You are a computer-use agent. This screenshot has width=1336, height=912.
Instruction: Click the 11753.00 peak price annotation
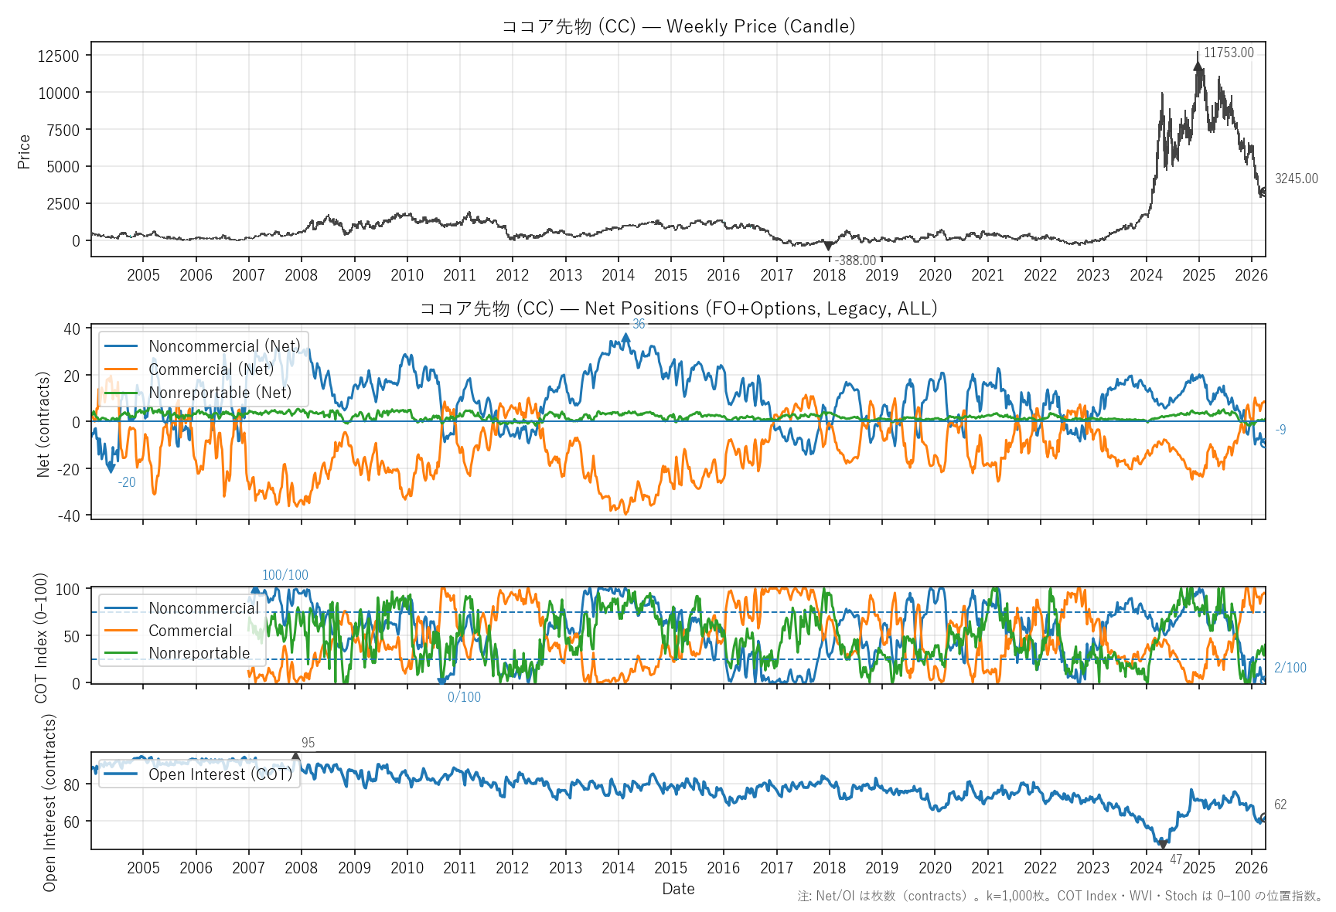tap(1229, 53)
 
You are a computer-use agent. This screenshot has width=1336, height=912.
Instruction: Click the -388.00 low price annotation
tap(855, 260)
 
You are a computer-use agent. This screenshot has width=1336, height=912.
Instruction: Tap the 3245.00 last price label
tap(1296, 179)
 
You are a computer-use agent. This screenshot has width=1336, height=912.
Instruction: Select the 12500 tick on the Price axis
tap(59, 56)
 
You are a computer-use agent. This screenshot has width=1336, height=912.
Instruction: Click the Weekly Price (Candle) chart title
tap(678, 26)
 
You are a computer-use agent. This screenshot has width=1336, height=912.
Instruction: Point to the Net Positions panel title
tap(678, 308)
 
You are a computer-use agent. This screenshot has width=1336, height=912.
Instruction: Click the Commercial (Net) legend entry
tap(210, 369)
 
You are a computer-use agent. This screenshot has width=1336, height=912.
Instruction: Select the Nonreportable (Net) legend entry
tap(220, 393)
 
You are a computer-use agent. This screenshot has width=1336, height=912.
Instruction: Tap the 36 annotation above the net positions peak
tap(639, 324)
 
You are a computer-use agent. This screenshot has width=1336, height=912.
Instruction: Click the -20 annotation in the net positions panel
tap(127, 482)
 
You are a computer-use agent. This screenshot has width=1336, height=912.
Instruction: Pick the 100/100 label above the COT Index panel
tap(285, 575)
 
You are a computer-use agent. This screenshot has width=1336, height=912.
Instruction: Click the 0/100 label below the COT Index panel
tap(464, 697)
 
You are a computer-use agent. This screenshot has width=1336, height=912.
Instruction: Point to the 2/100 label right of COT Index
tap(1290, 668)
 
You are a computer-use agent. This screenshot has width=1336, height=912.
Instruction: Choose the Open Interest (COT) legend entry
tap(220, 774)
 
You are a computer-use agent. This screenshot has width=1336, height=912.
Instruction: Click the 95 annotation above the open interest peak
tap(308, 743)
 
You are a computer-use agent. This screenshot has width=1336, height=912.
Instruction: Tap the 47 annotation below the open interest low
tap(1176, 859)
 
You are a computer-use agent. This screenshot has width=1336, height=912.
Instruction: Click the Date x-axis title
tap(678, 889)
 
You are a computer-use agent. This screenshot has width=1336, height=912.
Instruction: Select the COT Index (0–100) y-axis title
tap(42, 638)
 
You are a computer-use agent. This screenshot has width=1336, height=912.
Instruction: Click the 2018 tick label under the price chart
tap(829, 275)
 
